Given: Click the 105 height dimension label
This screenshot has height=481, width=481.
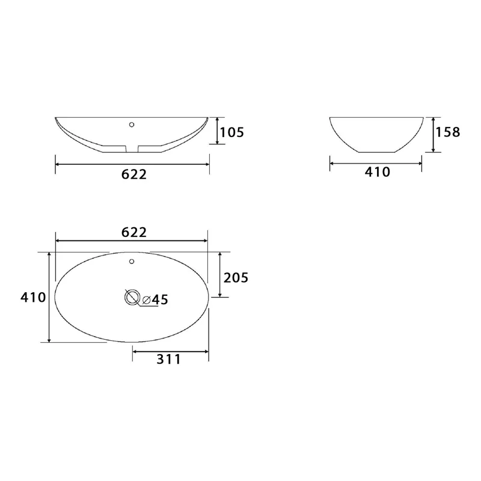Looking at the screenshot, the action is coord(232,132).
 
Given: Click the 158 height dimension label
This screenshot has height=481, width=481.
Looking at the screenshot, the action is coord(448,132).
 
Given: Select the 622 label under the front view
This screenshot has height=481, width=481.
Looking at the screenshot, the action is coord(134,174).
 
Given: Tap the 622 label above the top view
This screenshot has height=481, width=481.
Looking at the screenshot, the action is coord(134,232).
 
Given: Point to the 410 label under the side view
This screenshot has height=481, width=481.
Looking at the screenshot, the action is coord(378,172).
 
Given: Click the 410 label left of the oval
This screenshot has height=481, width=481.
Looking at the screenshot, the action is coord(33,297).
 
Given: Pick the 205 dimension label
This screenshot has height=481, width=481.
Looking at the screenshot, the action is coord(236,278).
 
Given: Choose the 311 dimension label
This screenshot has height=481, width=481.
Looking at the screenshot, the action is coord(169,359).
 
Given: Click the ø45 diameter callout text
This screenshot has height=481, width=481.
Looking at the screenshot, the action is coord(155,299).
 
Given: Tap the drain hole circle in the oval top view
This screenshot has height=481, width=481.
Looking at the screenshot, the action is coord(132,297).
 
